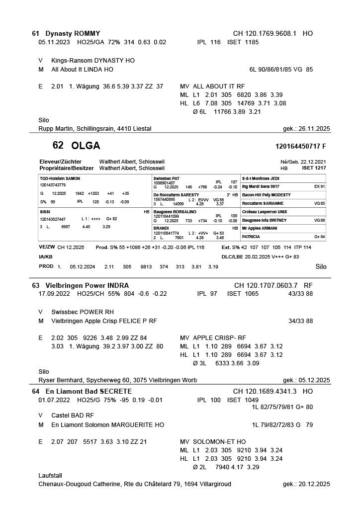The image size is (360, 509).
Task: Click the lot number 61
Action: (x=35, y=33)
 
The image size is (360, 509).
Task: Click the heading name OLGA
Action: (x=86, y=146)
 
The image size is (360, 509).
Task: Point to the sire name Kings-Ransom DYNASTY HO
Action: (x=93, y=61)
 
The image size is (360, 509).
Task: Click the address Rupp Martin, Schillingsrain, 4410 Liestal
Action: (x=94, y=129)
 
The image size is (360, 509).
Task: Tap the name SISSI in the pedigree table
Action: (x=45, y=212)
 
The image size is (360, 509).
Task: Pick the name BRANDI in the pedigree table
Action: (x=161, y=228)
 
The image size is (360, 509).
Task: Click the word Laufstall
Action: (x=50, y=475)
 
